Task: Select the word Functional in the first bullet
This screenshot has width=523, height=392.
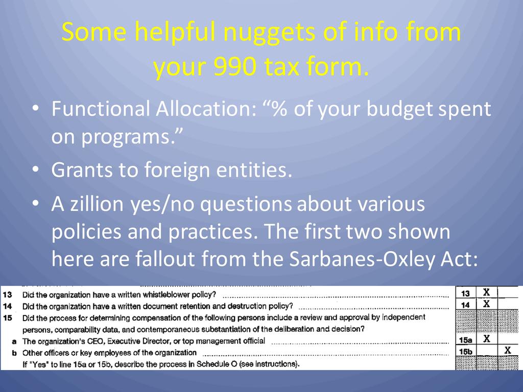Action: [x=101, y=109]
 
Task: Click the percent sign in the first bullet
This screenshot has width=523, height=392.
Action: [x=280, y=109]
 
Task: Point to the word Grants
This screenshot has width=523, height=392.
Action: [x=82, y=169]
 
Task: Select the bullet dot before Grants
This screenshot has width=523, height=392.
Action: [x=36, y=169]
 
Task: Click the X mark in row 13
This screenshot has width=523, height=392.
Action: [x=487, y=292]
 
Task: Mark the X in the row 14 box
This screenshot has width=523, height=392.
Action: [x=487, y=304]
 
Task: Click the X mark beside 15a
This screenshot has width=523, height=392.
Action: [x=487, y=339]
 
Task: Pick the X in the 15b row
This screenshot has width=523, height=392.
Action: [x=508, y=350]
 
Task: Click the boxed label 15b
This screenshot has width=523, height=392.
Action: [x=465, y=351]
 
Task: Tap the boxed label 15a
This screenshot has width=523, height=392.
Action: [x=465, y=340]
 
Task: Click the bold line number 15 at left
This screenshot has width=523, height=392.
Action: [x=7, y=317]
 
